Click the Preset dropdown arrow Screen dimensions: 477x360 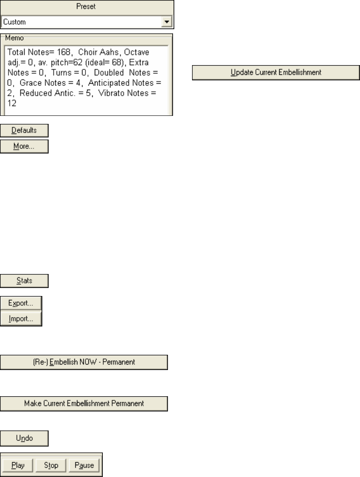pyautogui.click(x=168, y=22)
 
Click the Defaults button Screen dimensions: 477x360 pyautogui.click(x=24, y=130)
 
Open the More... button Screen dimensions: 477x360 pyautogui.click(x=24, y=146)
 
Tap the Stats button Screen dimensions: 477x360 pyautogui.click(x=24, y=280)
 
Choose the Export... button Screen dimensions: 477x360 pyautogui.click(x=21, y=303)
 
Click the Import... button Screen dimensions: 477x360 pyautogui.click(x=21, y=319)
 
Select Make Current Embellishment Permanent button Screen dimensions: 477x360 pyautogui.click(x=84, y=403)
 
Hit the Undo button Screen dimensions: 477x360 pyautogui.click(x=24, y=439)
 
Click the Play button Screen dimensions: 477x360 pyautogui.click(x=18, y=466)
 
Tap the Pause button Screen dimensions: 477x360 pyautogui.click(x=84, y=466)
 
